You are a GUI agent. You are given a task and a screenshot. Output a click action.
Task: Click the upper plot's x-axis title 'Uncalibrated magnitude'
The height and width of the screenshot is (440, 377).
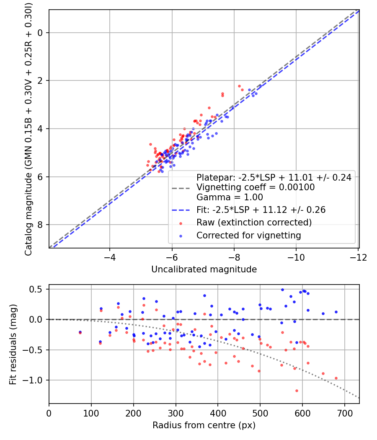tap(204, 269)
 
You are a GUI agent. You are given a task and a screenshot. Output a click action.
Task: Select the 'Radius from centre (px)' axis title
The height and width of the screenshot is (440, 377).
tap(204, 425)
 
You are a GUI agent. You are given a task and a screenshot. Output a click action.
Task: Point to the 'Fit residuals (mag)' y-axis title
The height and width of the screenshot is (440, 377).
tap(13, 344)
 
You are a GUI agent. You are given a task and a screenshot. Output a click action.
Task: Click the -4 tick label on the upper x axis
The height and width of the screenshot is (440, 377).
tap(110, 256)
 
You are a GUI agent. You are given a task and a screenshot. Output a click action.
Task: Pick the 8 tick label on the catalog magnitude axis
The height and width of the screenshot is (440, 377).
tap(41, 225)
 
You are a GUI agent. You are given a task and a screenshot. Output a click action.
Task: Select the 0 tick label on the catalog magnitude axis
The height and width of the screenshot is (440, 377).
tap(41, 33)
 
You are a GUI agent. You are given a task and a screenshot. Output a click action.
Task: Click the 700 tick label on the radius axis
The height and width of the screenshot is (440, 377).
tap(344, 413)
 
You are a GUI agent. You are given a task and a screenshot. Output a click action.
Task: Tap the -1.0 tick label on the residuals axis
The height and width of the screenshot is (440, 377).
tap(36, 380)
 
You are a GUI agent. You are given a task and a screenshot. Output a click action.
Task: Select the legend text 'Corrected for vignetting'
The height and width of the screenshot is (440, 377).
tap(248, 236)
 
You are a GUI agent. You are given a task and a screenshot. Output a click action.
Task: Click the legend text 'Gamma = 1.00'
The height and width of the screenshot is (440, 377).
tap(230, 197)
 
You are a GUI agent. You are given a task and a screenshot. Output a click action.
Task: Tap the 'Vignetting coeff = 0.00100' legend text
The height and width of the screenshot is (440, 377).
tap(256, 187)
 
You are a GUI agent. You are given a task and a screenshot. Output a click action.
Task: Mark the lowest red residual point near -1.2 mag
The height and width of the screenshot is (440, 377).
tap(297, 391)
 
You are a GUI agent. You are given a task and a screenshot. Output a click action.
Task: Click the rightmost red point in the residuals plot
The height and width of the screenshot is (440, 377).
tap(336, 378)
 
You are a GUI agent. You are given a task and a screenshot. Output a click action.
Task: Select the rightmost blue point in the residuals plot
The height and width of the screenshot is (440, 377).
tap(336, 312)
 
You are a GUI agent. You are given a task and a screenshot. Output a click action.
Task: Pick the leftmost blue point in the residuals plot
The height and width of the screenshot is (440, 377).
tap(80, 332)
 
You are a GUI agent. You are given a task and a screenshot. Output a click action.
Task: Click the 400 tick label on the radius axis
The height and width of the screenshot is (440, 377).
tap(218, 413)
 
